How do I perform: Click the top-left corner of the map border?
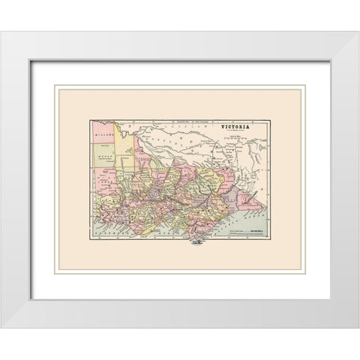point(91,120)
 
